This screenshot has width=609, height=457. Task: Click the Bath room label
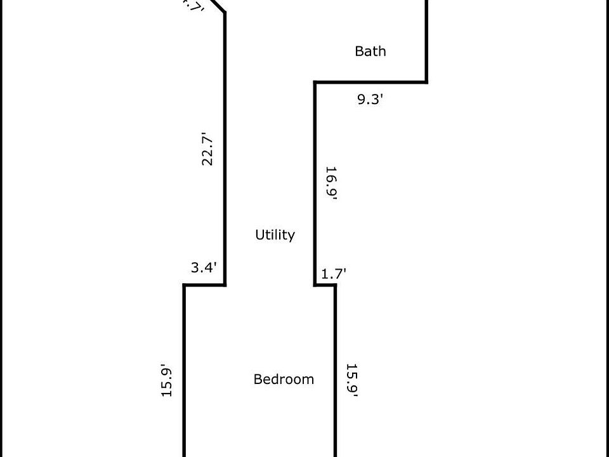click(370, 51)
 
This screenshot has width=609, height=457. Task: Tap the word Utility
click(275, 235)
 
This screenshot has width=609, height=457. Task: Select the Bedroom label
click(284, 380)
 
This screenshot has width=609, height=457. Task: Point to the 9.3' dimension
click(370, 100)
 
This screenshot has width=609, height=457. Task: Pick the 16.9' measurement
click(331, 183)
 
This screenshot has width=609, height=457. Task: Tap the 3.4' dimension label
click(204, 268)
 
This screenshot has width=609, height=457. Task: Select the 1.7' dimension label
click(334, 274)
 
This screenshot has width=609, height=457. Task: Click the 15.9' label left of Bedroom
click(167, 380)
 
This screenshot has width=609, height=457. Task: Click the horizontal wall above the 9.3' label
click(370, 82)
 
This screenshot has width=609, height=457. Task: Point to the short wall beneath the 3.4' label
click(205, 285)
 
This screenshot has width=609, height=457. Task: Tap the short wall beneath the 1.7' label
click(325, 285)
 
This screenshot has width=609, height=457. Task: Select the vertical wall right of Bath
click(426, 38)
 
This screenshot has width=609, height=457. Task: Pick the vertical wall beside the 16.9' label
click(315, 184)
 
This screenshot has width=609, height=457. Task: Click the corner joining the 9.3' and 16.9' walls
click(315, 82)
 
